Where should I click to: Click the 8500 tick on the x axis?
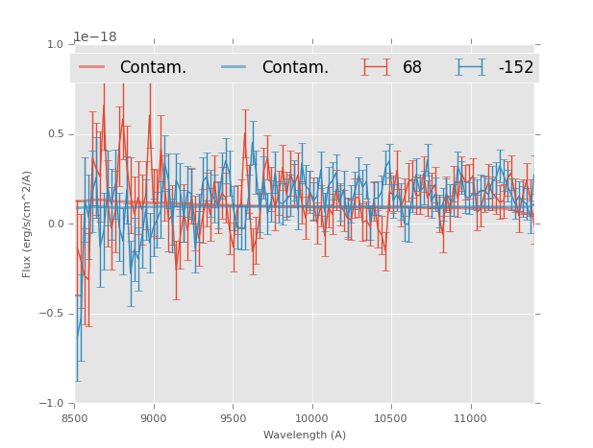coord(75,418)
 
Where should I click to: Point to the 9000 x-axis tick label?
coord(154,418)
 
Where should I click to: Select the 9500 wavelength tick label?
coord(233,418)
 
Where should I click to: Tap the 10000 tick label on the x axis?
coord(311,418)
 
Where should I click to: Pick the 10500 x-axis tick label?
coord(390,418)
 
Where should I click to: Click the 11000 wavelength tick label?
coord(470,418)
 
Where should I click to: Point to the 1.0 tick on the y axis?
coord(55,44)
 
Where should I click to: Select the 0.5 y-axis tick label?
coord(55,134)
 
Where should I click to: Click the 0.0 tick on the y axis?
coord(55,224)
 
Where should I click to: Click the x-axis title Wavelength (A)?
coord(305,435)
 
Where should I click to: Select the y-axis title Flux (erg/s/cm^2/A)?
coord(27,224)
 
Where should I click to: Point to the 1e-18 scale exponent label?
coord(95,36)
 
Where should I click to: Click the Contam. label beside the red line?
coord(153,67)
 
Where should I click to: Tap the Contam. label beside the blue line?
coord(295,67)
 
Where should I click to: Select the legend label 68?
coord(412,67)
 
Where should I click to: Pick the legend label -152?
coord(515,67)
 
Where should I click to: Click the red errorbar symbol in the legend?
coord(376,67)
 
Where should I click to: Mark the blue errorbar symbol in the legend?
coord(470,67)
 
